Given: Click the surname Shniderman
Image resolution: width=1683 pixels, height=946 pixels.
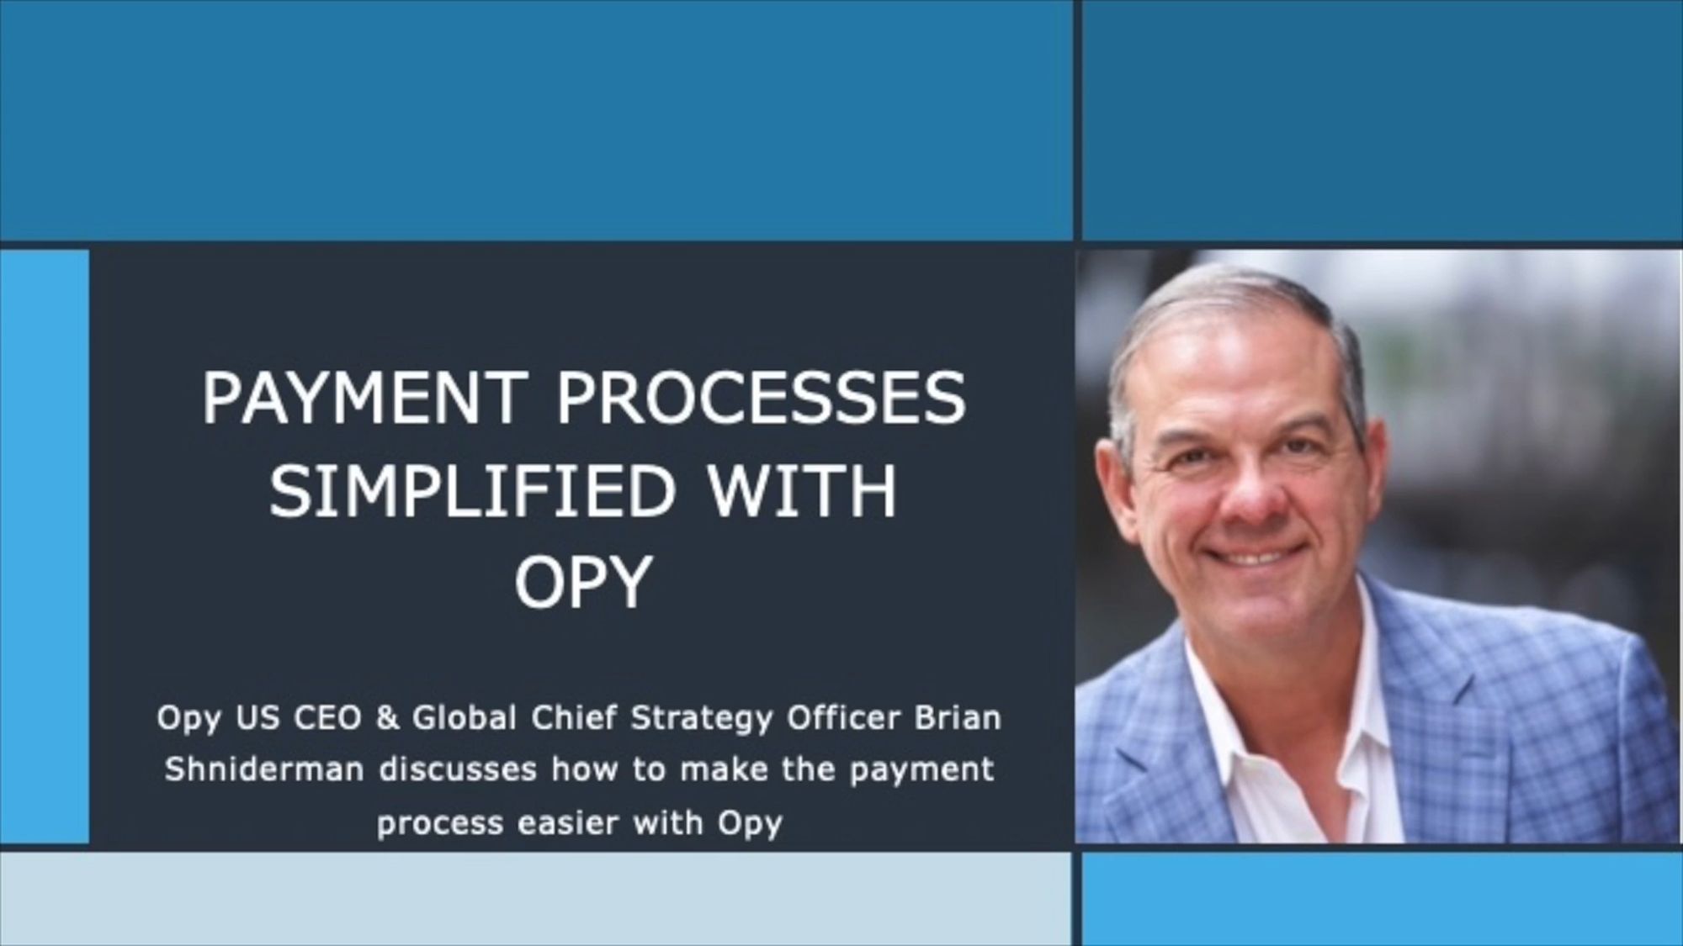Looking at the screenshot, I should click(x=264, y=769).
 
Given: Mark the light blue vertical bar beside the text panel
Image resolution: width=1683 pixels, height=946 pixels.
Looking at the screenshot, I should click(x=45, y=547).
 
